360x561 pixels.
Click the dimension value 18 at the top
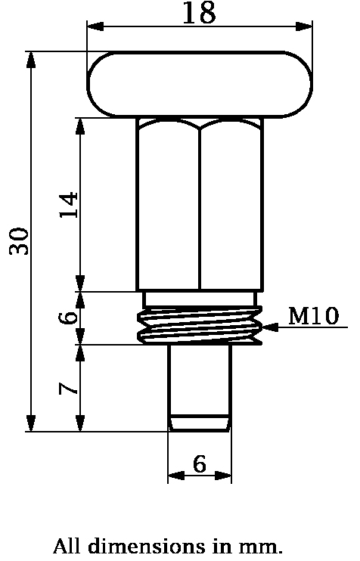click(199, 13)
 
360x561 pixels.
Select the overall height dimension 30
click(20, 240)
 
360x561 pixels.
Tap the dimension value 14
click(69, 205)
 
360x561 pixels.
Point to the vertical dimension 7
click(69, 389)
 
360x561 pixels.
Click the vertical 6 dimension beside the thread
click(69, 318)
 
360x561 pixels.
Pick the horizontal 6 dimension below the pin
click(199, 464)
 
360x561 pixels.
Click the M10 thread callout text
click(313, 316)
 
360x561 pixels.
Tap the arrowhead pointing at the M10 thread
click(272, 327)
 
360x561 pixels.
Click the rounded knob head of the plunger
click(200, 84)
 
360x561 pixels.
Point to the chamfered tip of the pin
click(199, 423)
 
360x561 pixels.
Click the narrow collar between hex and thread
click(200, 299)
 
